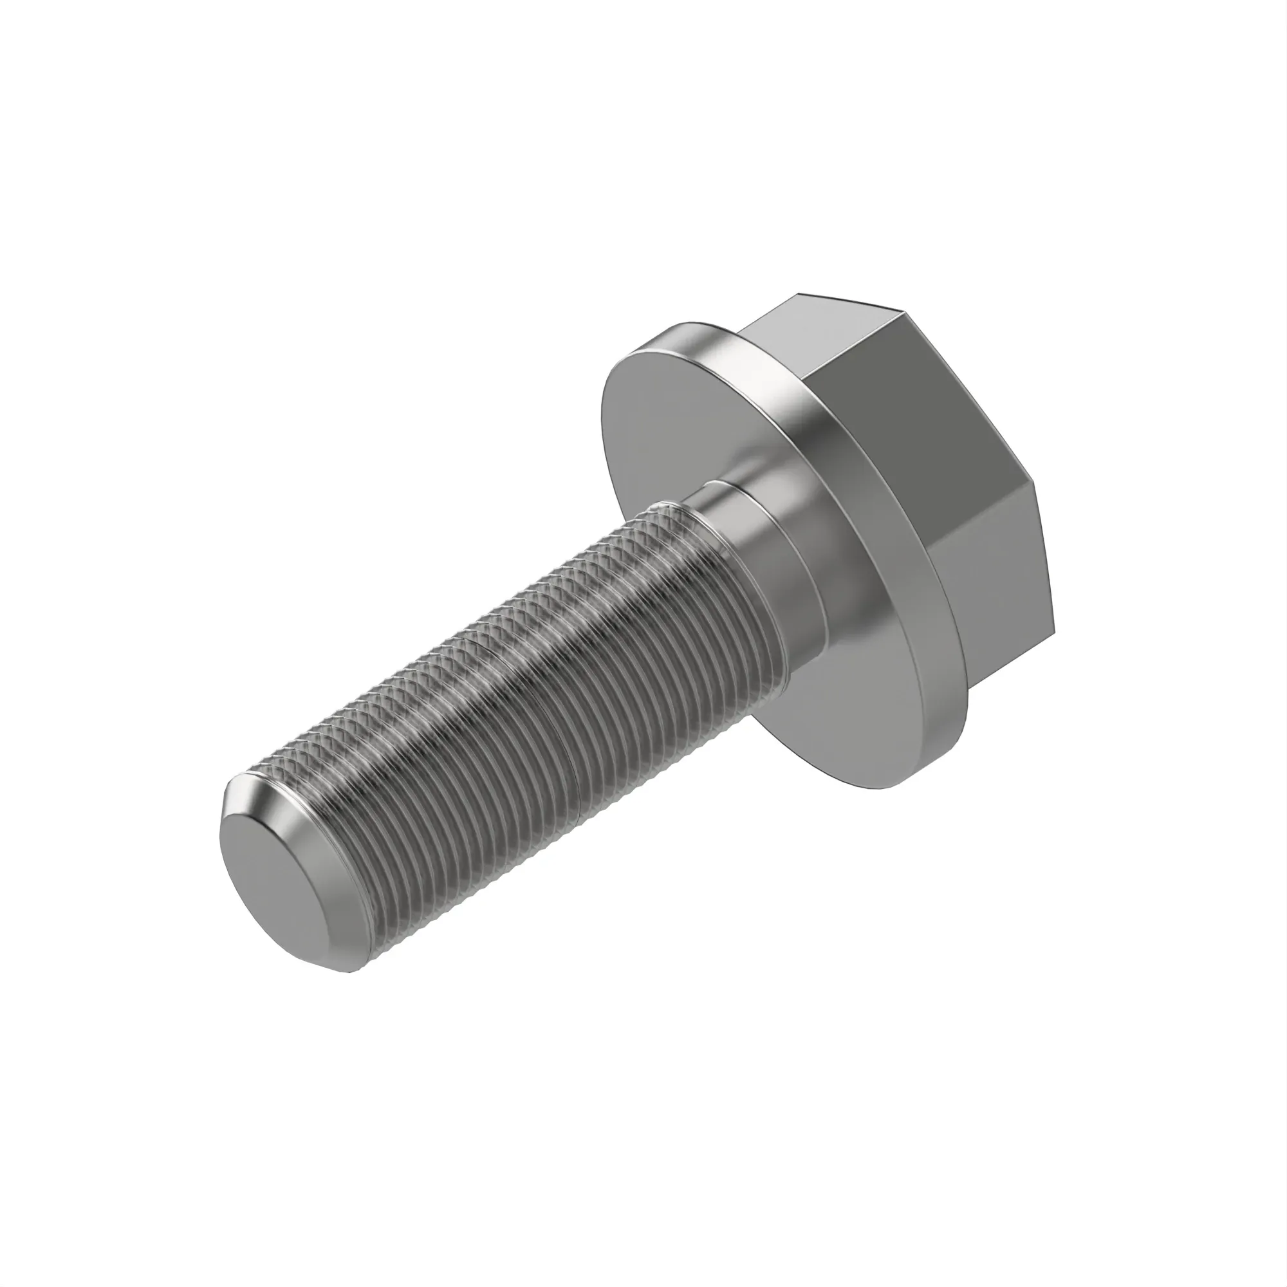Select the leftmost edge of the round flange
coord(601,413)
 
